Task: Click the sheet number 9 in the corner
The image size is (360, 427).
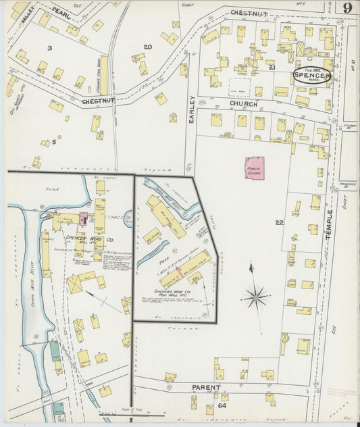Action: tap(346, 8)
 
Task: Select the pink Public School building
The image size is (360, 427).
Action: tap(254, 169)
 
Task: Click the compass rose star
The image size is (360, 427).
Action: tap(256, 295)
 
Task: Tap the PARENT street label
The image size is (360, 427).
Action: tap(206, 387)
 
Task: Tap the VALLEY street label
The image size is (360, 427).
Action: tap(27, 18)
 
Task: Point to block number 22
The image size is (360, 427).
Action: tap(280, 222)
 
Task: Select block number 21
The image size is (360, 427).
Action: tap(272, 68)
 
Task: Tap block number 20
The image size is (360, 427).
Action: tap(147, 47)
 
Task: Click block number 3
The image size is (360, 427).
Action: tap(49, 48)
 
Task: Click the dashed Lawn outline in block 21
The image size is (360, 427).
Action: tap(238, 87)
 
